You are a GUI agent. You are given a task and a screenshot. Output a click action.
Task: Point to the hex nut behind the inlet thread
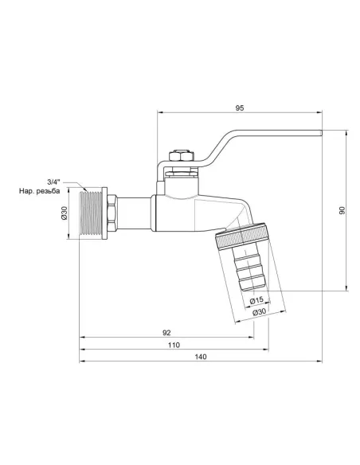114,213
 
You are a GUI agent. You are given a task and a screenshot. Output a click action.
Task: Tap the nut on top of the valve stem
182,154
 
